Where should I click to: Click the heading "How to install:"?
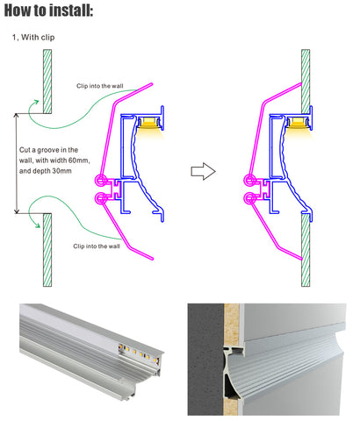(48, 11)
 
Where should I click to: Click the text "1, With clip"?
(33, 38)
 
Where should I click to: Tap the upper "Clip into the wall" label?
(100, 86)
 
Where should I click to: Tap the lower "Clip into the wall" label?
(97, 246)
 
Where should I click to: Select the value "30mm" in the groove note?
(62, 171)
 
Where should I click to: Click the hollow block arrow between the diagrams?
(204, 171)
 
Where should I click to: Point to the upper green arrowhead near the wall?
(36, 103)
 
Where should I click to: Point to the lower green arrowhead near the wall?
(37, 225)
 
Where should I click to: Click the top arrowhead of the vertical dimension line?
(17, 116)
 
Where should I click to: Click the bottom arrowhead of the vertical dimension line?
(17, 210)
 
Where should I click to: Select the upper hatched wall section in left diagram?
(47, 82)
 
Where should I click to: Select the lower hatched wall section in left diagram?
(47, 250)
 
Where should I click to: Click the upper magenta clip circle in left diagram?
(100, 181)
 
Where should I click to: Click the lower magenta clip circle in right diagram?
(249, 198)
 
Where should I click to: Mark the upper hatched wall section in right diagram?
(306, 82)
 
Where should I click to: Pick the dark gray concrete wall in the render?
(205, 360)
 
